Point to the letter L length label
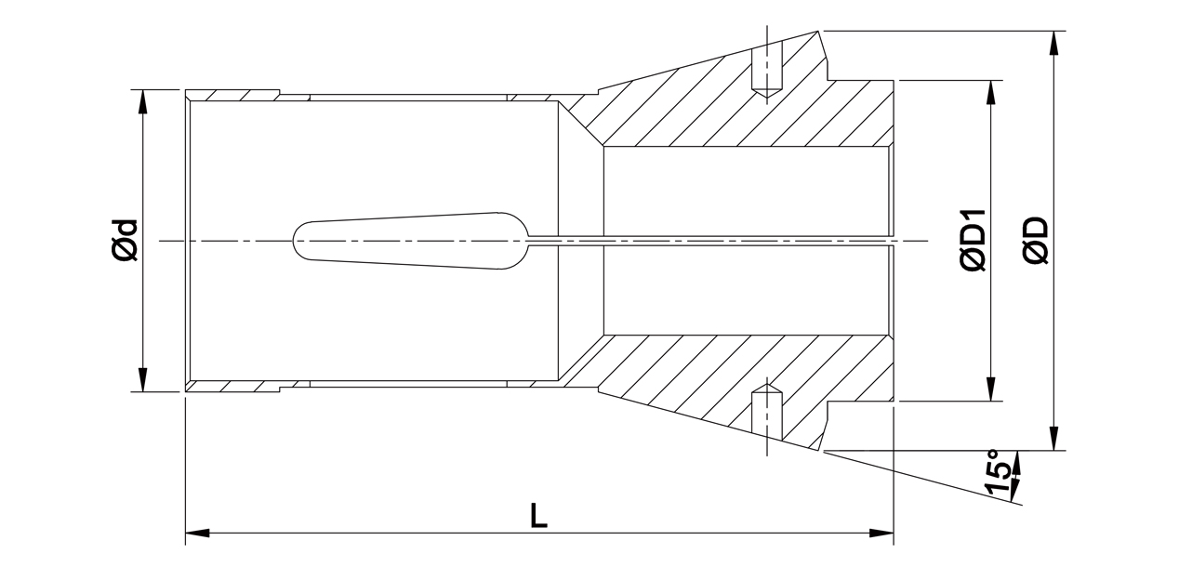pyautogui.click(x=538, y=515)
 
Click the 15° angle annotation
pyautogui.click(x=996, y=473)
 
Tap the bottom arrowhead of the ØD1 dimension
pyautogui.click(x=992, y=390)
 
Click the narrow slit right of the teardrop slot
pyautogui.click(x=707, y=241)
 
